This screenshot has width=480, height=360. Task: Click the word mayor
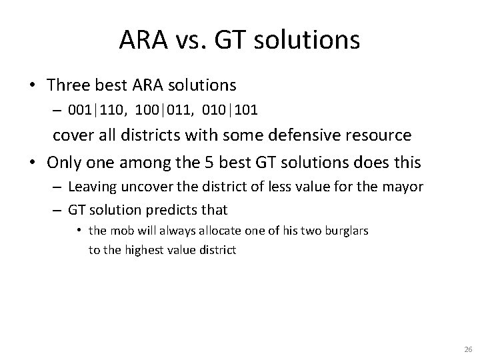tap(403, 187)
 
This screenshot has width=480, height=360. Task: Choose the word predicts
tap(171, 210)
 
